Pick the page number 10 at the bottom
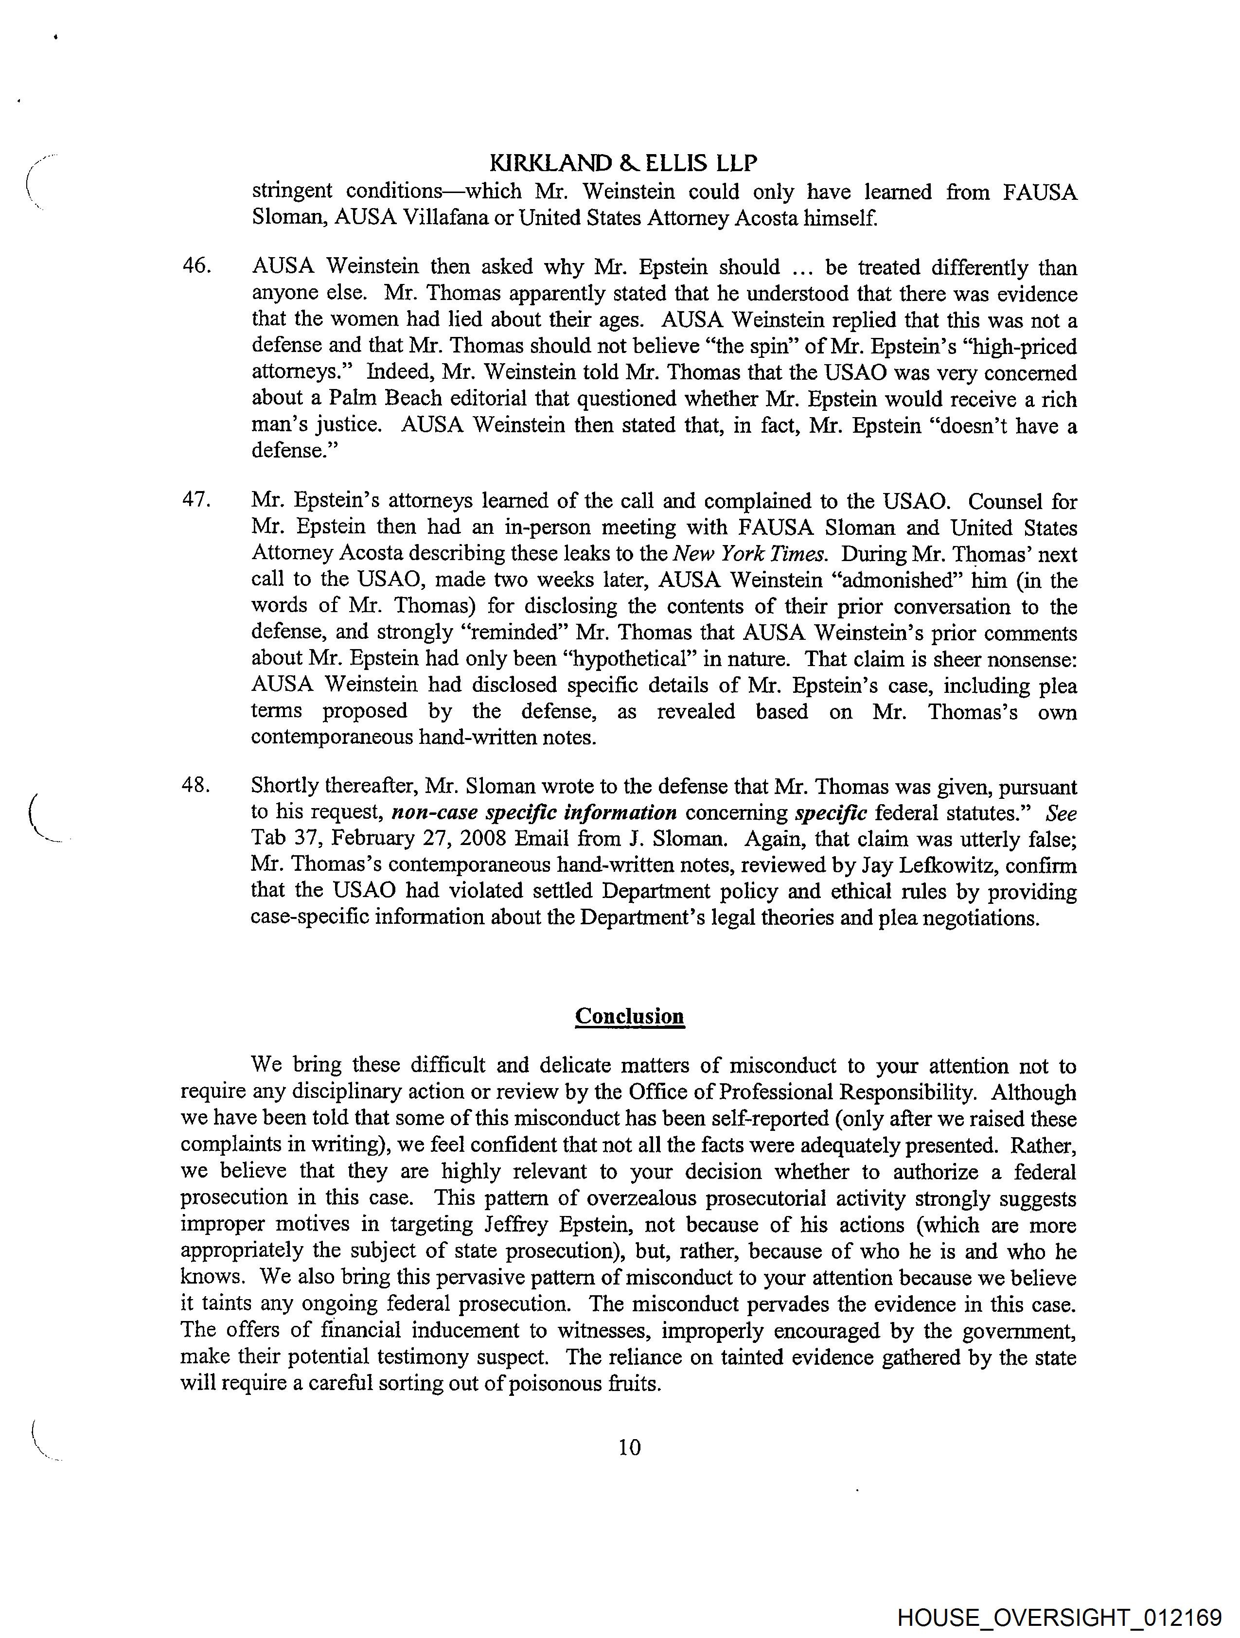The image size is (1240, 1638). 629,1448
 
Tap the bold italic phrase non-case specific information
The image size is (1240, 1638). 533,812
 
